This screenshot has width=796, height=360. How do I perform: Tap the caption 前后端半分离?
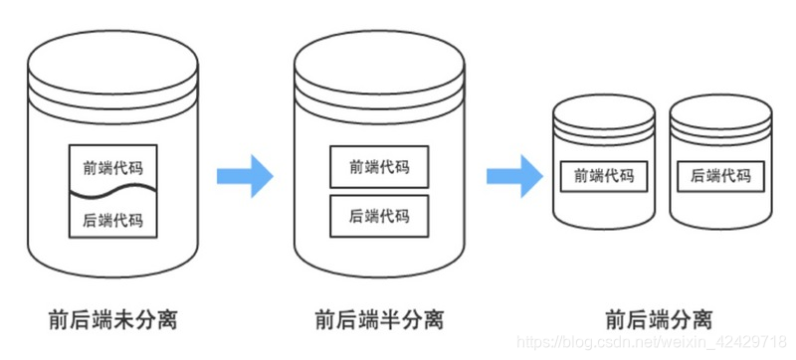pos(379,319)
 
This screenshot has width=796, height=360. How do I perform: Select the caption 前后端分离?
pos(658,319)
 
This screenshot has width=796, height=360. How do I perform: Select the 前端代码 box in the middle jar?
pos(379,167)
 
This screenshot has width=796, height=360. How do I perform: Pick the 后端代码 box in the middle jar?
pos(379,215)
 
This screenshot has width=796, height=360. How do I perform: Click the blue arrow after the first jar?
pos(245,175)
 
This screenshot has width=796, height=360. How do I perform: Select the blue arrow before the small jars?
pos(514,175)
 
